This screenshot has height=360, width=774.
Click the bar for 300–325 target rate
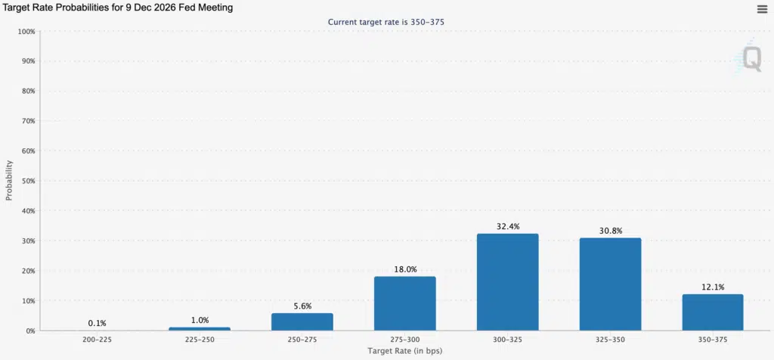(507, 282)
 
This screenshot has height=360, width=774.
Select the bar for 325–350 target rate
(610, 284)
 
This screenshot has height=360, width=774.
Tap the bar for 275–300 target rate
(405, 303)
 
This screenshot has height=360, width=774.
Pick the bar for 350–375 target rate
(713, 312)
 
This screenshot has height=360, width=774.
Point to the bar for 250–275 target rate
(302, 322)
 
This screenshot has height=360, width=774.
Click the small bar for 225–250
(200, 329)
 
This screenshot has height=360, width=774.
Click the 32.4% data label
(507, 227)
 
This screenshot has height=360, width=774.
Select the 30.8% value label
(610, 231)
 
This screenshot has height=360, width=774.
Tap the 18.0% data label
(405, 270)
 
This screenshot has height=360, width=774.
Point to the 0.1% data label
(98, 324)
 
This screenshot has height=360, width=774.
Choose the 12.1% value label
(713, 287)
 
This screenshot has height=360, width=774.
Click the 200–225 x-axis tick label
(97, 340)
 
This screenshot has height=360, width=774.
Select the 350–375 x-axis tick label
(713, 340)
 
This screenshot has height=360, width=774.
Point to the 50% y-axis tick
(28, 181)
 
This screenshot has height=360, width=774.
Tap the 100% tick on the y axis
(26, 31)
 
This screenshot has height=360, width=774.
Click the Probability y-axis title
(9, 180)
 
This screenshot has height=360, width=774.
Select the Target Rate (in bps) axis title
(405, 351)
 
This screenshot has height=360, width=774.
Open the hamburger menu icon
(762, 9)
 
